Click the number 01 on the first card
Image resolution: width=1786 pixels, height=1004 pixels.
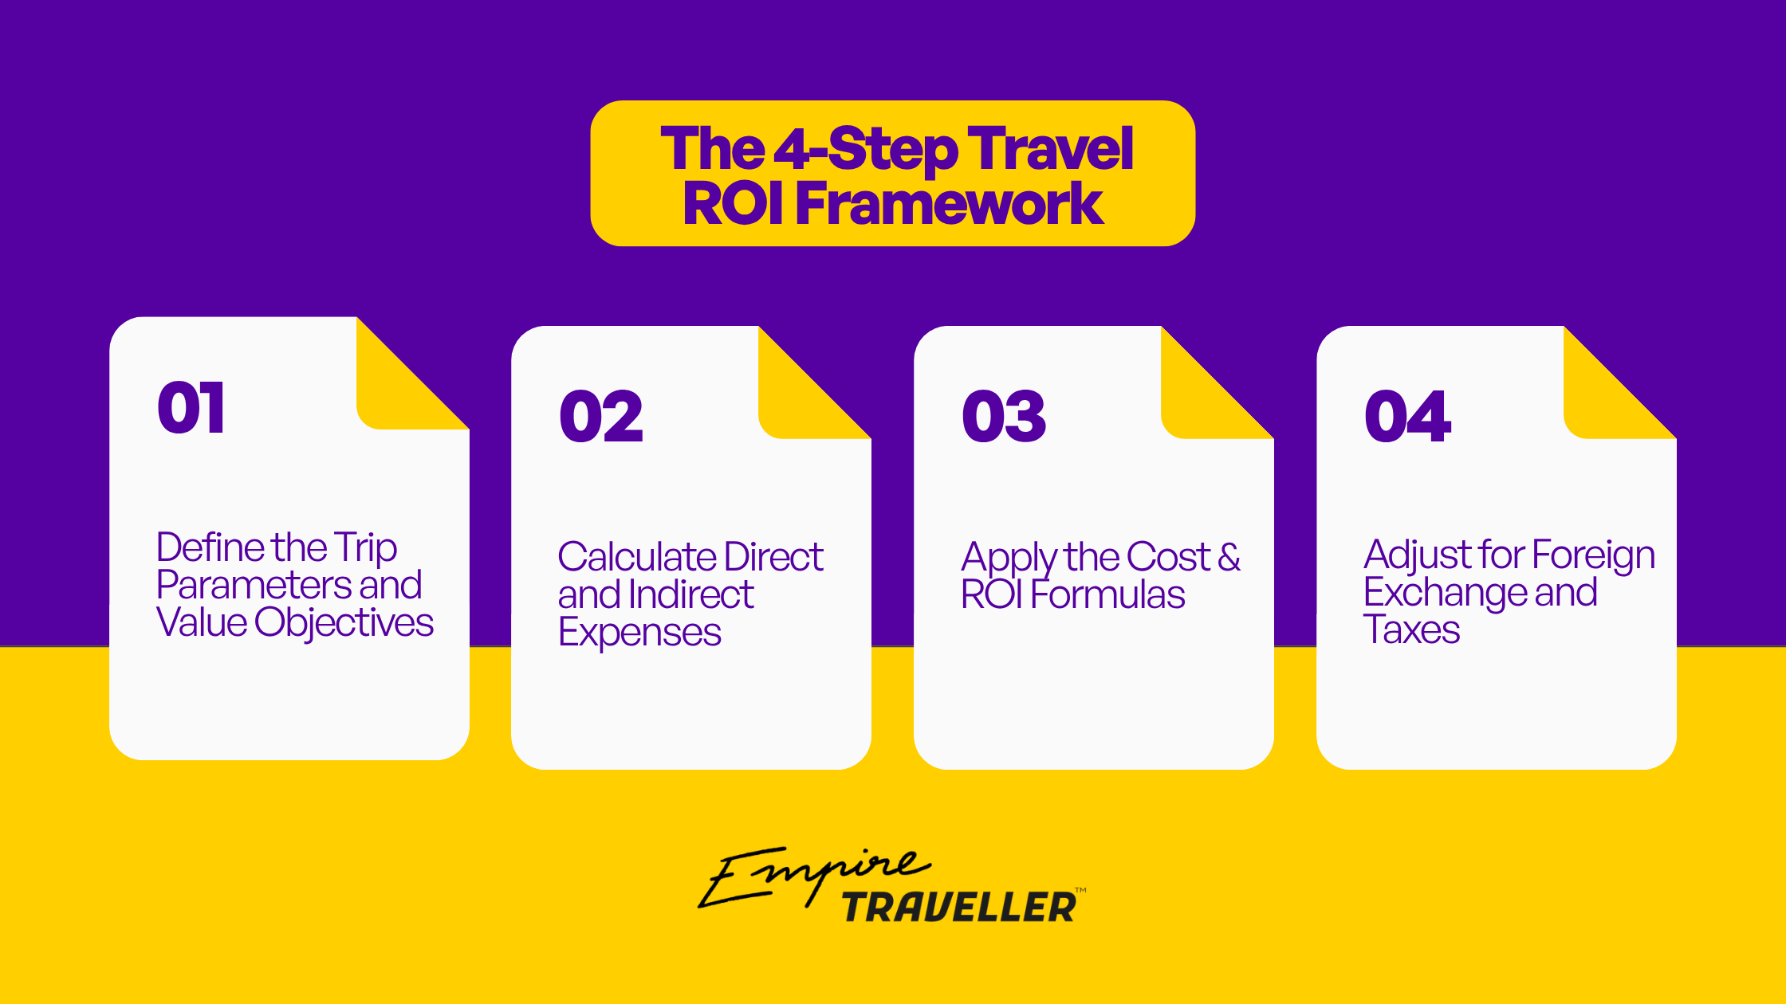pos(191,407)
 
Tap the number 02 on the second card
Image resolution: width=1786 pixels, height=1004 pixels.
pos(601,417)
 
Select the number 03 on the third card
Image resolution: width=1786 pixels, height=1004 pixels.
pos(1004,417)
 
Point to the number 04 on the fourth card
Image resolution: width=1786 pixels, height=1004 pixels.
pos(1407,417)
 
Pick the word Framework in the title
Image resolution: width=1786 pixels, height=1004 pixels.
pos(949,203)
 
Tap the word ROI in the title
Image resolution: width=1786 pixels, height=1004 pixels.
pos(734,203)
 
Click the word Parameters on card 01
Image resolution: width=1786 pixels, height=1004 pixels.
pos(254,585)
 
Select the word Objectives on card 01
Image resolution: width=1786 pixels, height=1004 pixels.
pos(344,623)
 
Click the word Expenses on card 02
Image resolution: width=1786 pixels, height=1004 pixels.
pos(639,633)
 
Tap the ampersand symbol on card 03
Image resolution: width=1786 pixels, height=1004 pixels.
pos(1229,556)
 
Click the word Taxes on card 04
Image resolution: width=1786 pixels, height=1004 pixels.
pos(1411,629)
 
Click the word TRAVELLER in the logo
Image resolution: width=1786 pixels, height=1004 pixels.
pos(959,908)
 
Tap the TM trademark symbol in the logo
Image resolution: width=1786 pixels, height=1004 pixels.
pos(1080,890)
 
